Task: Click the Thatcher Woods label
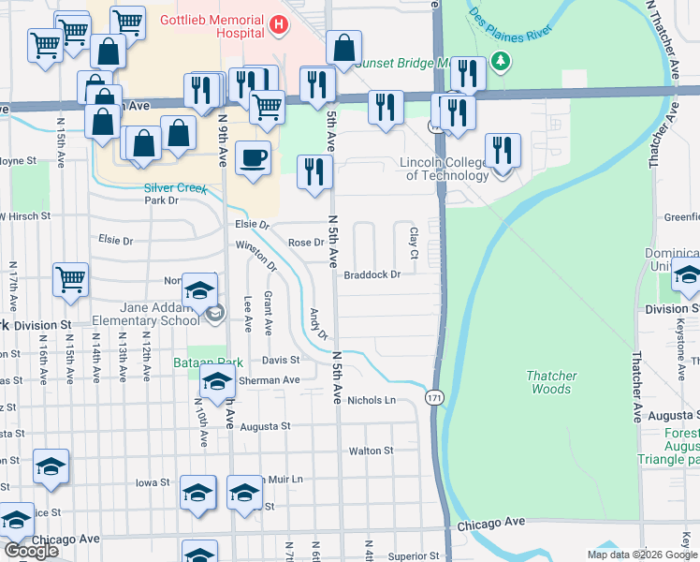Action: click(x=553, y=382)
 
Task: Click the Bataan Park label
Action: click(x=208, y=362)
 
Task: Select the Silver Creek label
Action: click(x=174, y=187)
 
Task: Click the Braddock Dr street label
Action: click(x=372, y=274)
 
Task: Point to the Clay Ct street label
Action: click(x=412, y=238)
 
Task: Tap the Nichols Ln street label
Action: click(x=372, y=400)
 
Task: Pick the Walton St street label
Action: click(x=371, y=451)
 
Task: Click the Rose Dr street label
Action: click(x=305, y=243)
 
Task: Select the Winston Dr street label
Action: click(x=256, y=255)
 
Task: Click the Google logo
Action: click(x=31, y=551)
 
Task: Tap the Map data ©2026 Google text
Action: click(x=642, y=555)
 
